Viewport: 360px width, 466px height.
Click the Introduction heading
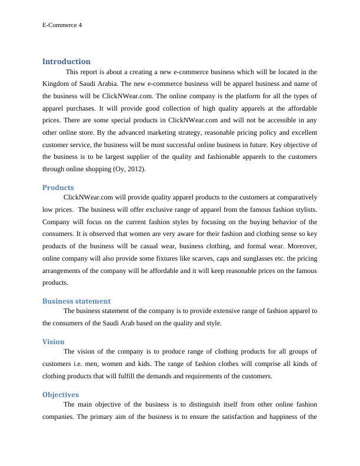point(66,61)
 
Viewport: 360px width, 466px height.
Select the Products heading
point(58,188)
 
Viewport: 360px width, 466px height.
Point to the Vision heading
point(54,341)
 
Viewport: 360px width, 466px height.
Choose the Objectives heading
point(61,395)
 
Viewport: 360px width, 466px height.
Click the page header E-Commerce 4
point(62,25)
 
